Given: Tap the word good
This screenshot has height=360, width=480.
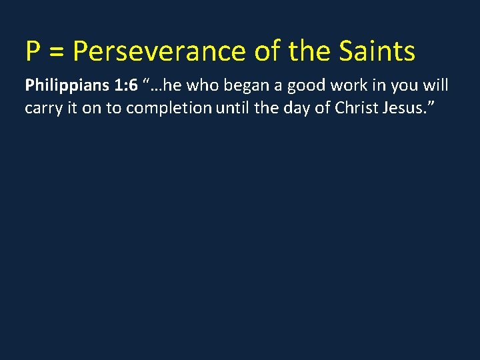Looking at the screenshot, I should point(303,87).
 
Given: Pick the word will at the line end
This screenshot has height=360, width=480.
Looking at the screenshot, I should point(437,86).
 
